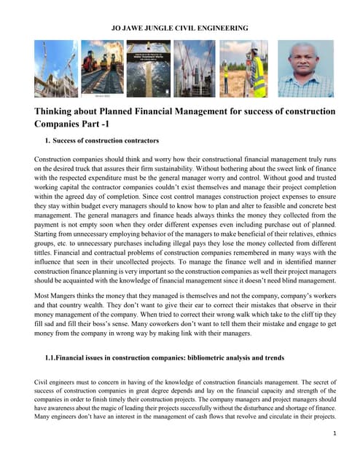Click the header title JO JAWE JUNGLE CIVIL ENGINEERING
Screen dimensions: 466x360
point(179,28)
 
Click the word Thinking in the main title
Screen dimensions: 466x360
point(58,111)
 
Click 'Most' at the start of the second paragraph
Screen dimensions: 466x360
point(43,298)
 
